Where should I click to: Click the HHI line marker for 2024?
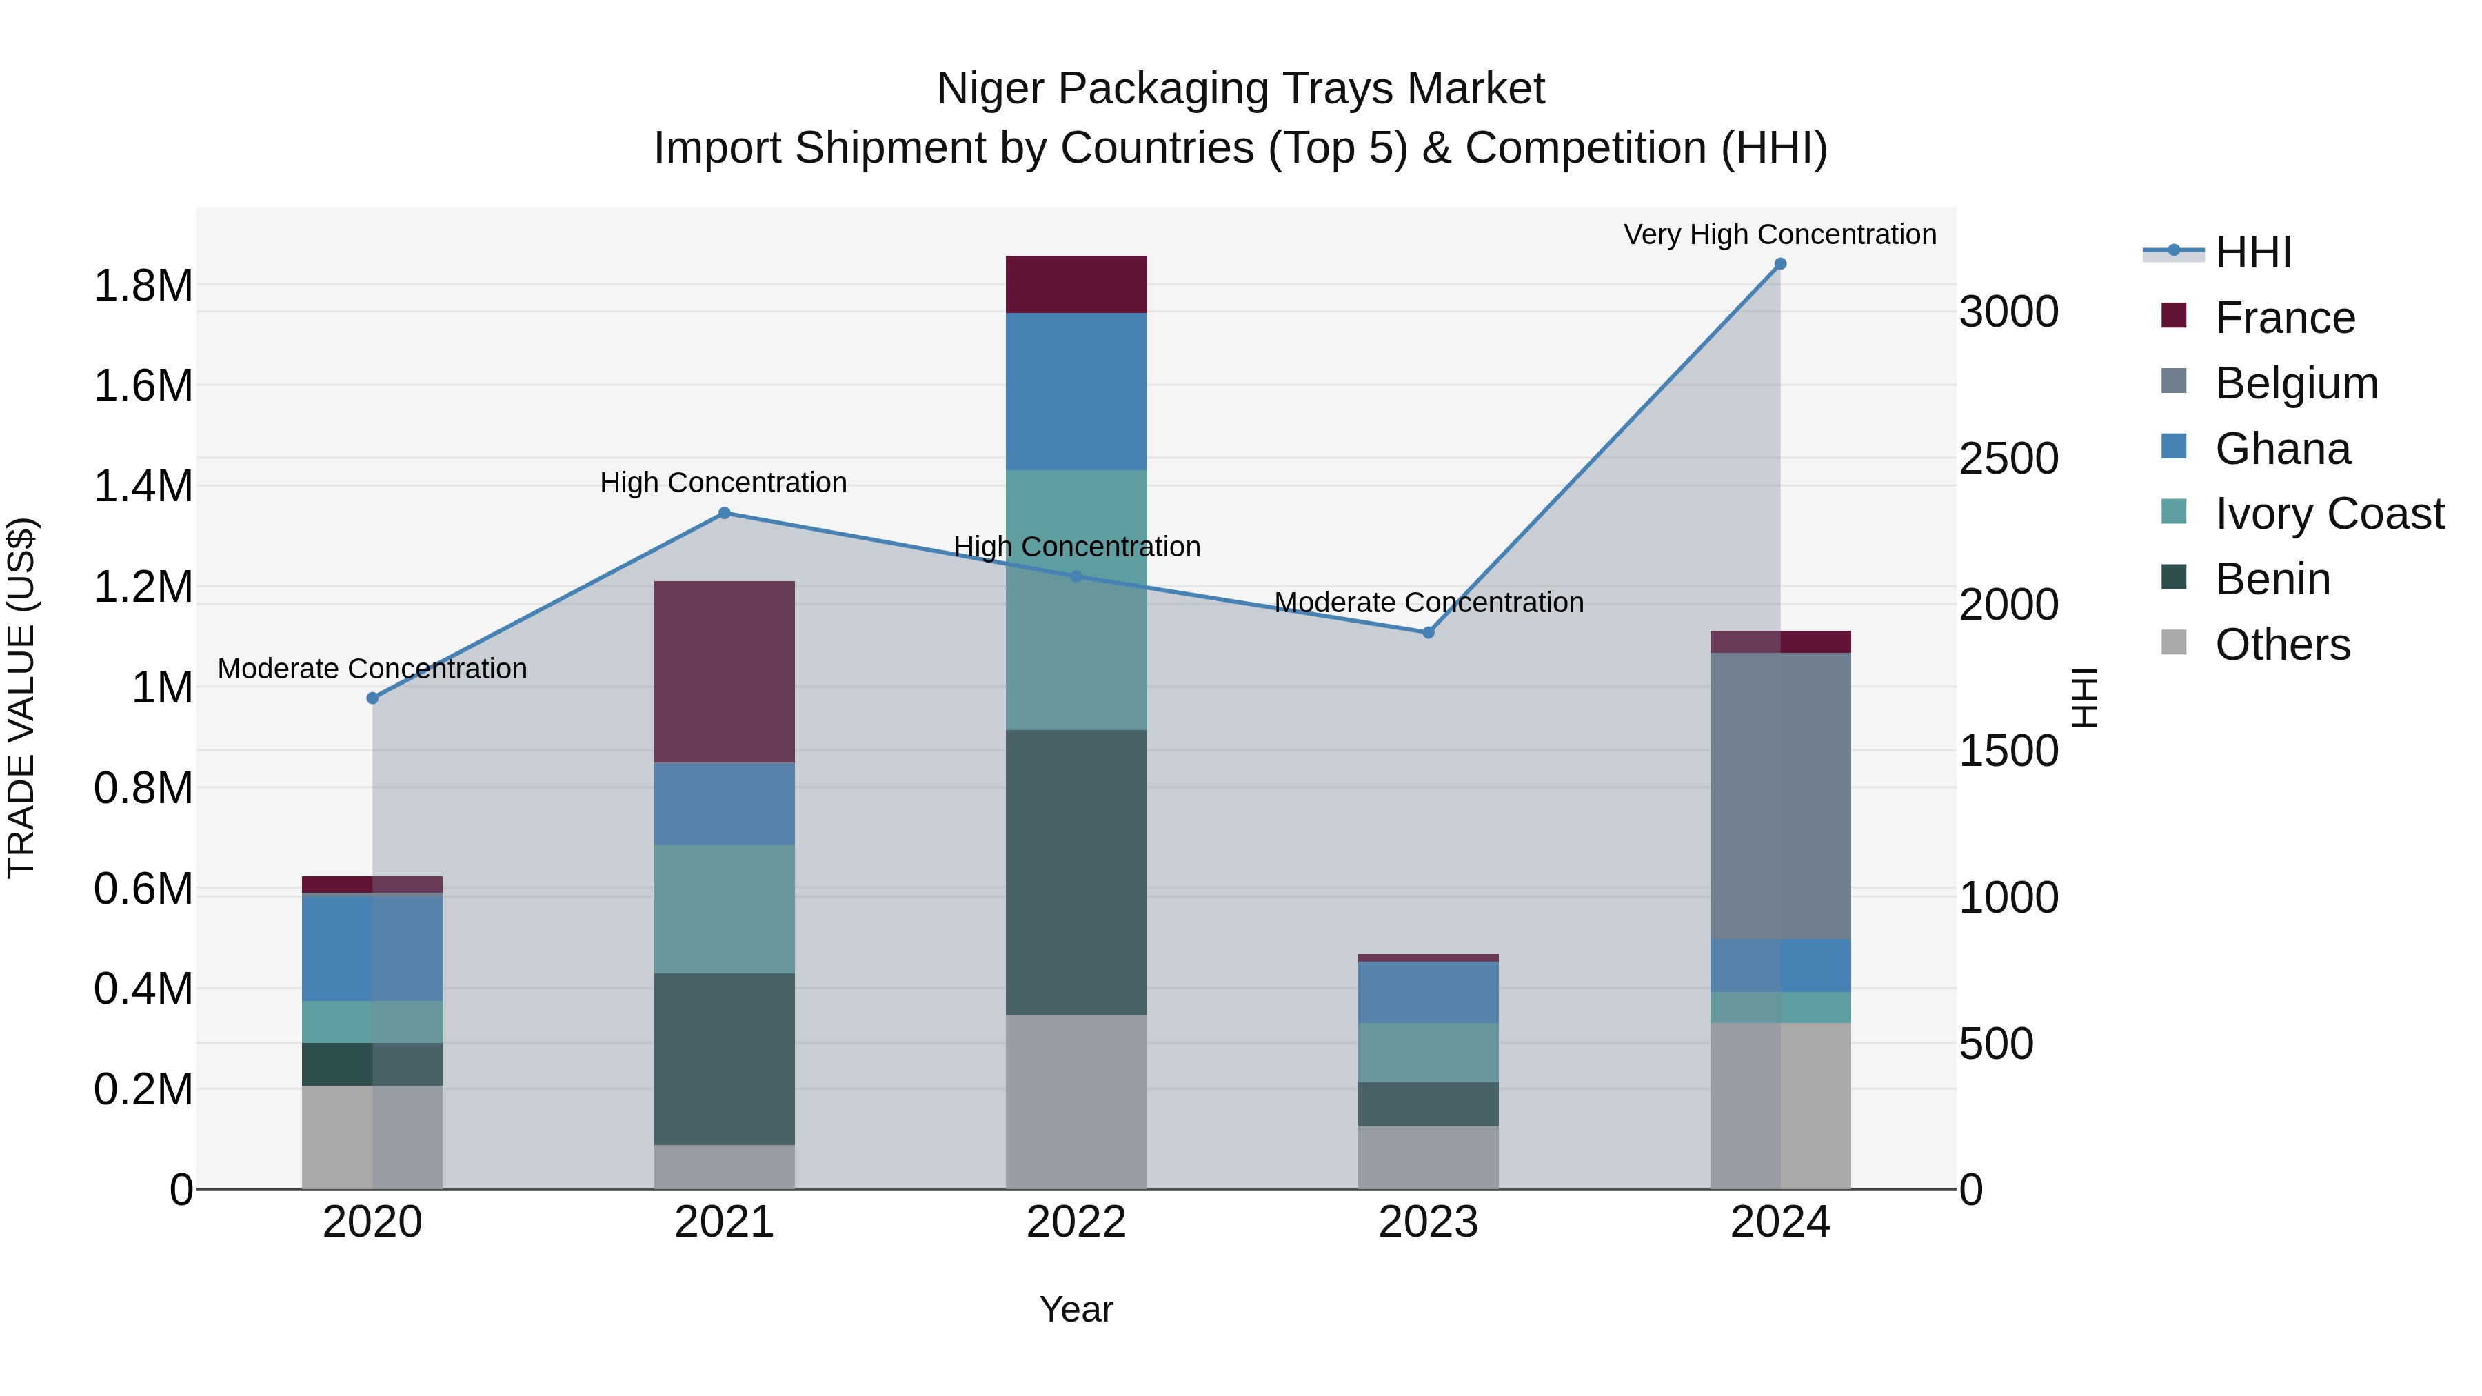(x=1779, y=264)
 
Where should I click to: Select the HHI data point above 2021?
(x=725, y=514)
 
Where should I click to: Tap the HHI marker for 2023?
(x=1428, y=633)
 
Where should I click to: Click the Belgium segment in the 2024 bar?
(x=1779, y=795)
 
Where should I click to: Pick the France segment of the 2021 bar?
(x=725, y=671)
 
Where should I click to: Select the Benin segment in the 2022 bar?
(x=1076, y=872)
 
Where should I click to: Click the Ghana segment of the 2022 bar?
(x=1076, y=391)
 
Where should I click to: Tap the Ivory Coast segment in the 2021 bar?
(x=725, y=909)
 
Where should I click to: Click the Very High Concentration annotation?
(x=1779, y=234)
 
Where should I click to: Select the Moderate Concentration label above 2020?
(x=372, y=669)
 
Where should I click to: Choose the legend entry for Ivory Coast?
(x=2329, y=514)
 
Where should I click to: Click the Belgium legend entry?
(x=2296, y=383)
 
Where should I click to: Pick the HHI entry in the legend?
(x=2252, y=252)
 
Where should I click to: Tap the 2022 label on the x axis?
(x=1076, y=1222)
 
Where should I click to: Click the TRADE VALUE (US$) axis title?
(x=21, y=698)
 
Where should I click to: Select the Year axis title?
(x=1076, y=1309)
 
